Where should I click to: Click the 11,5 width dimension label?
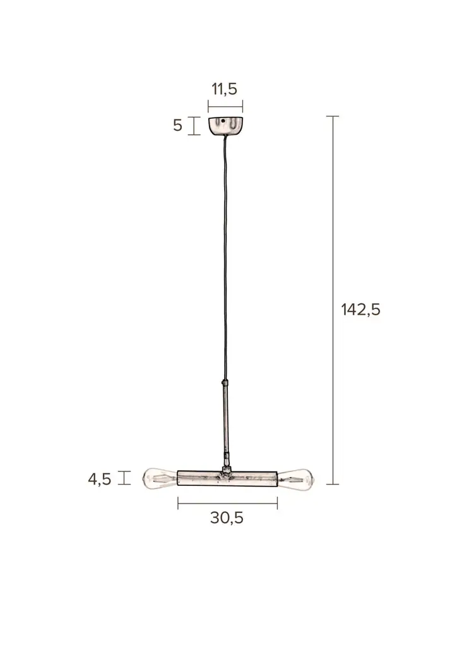pyautogui.click(x=225, y=88)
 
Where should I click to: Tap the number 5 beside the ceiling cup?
pyautogui.click(x=177, y=125)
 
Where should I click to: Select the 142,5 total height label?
pyautogui.click(x=360, y=310)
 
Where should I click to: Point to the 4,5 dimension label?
pyautogui.click(x=99, y=479)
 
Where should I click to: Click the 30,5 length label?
pyautogui.click(x=227, y=517)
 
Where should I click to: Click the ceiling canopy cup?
pyautogui.click(x=225, y=126)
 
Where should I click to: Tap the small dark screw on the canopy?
pyautogui.click(x=222, y=121)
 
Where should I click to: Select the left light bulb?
pyautogui.click(x=160, y=478)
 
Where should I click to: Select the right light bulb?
pyautogui.click(x=296, y=478)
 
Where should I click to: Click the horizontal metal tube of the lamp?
pyautogui.click(x=227, y=478)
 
